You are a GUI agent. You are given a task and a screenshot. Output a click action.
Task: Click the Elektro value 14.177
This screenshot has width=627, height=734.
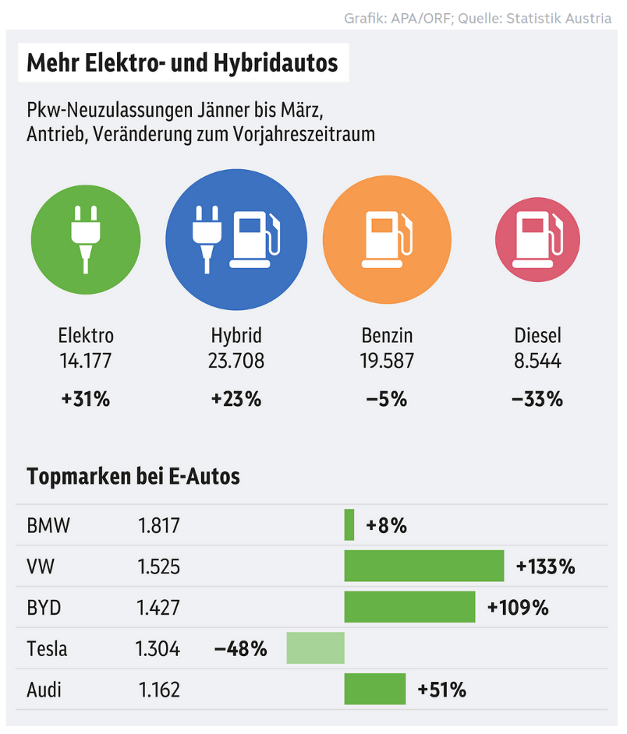coord(86,362)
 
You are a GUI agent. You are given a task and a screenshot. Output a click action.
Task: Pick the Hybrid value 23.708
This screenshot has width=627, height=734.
coord(236,362)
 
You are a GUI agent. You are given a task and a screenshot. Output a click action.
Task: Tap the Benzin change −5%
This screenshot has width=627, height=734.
coord(387,400)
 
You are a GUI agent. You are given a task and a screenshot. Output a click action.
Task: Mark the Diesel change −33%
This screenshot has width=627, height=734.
coord(537,400)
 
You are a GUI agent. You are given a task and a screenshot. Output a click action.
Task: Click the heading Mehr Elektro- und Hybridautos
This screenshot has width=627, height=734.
coord(182,63)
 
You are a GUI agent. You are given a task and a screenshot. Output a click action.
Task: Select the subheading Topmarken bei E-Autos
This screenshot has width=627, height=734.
coord(133,476)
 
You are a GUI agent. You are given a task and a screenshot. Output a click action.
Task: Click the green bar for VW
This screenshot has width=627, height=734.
coord(424,566)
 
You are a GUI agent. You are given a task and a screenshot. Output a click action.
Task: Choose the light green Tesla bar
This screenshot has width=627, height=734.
coord(315,648)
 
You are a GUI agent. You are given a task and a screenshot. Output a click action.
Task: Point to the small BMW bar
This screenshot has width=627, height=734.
coord(349,524)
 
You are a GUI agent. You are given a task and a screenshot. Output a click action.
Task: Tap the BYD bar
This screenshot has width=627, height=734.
coord(409,607)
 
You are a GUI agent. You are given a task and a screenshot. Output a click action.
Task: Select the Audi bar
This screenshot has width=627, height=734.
coord(375,690)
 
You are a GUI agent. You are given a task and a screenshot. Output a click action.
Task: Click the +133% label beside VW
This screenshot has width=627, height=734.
coord(546,566)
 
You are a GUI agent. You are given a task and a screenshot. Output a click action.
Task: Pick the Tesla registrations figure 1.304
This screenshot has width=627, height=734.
coord(159,648)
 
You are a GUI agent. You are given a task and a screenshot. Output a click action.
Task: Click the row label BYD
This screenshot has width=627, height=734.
coord(44,607)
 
